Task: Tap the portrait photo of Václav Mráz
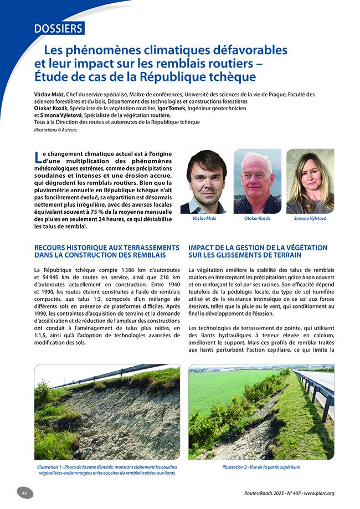tap(207, 181)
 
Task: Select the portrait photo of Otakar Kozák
tap(257, 181)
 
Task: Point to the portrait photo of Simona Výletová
tap(310, 181)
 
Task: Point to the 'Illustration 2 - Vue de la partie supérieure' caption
tap(261, 467)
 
